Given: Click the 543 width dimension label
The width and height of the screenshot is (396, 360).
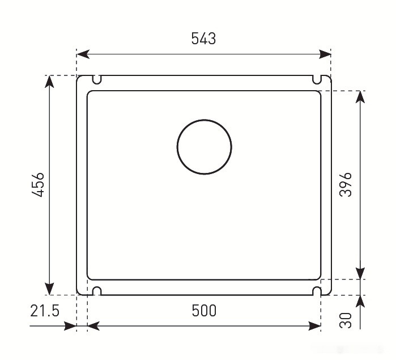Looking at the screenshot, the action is (203, 39).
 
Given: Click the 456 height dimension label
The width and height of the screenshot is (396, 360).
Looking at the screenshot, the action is (38, 185).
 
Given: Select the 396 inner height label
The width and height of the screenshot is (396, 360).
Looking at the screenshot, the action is (346, 185).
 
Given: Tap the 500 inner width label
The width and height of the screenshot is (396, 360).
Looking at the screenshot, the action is (204, 311).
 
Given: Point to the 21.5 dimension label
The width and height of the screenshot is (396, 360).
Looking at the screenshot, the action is (45, 311).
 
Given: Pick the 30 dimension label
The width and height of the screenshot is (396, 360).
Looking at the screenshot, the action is (346, 320).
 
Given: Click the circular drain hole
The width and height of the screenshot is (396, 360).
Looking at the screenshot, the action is (205, 120).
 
